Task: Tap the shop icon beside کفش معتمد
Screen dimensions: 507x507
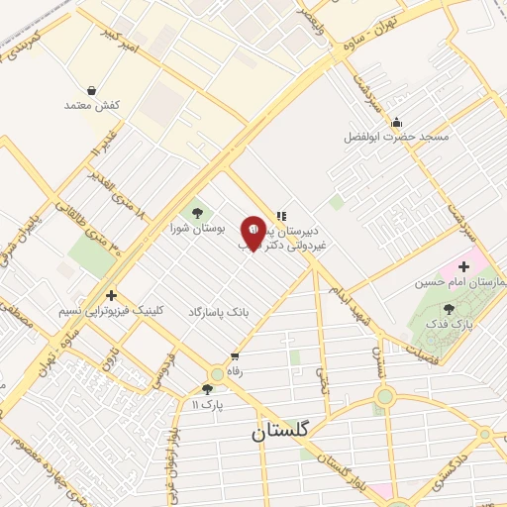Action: tap(92, 90)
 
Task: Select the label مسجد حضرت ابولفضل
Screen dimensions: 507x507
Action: tap(396, 136)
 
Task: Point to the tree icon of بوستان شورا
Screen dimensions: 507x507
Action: tap(197, 212)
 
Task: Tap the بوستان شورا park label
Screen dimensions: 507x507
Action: tap(197, 228)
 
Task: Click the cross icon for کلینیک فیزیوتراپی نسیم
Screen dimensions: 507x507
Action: tap(111, 295)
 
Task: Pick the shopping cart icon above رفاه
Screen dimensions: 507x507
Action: tap(235, 356)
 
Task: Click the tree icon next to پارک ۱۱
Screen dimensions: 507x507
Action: tap(207, 389)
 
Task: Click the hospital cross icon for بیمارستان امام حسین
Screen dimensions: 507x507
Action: tap(463, 267)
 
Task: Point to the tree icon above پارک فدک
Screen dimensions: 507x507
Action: tap(449, 310)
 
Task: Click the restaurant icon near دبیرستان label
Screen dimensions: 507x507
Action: tap(281, 215)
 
